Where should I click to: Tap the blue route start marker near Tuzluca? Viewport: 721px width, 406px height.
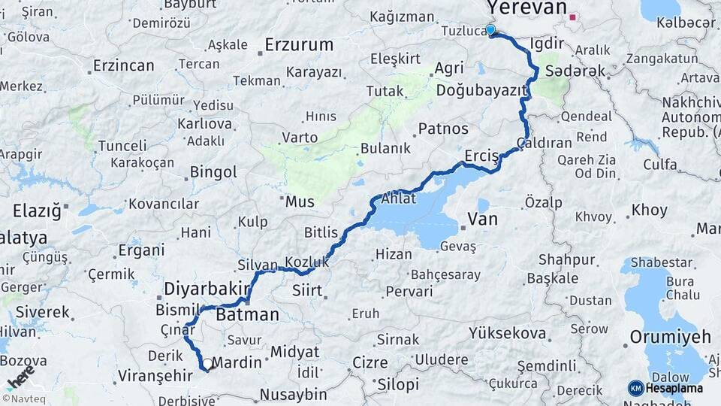tap(490, 30)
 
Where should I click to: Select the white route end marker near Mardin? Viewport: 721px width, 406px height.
tap(207, 364)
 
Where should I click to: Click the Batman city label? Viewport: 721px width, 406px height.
tap(247, 315)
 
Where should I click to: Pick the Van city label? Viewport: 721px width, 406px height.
tap(482, 219)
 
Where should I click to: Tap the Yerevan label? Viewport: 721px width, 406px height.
tap(526, 8)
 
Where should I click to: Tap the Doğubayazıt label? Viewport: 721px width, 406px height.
tap(480, 90)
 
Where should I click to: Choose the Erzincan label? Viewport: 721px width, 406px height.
tap(123, 66)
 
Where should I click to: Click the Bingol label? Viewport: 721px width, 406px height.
tap(213, 172)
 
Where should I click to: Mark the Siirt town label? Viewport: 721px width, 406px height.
tap(306, 289)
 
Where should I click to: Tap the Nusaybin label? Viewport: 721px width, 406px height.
tap(293, 393)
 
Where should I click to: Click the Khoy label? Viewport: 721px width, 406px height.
tap(649, 211)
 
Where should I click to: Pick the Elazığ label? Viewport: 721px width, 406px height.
tap(35, 211)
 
